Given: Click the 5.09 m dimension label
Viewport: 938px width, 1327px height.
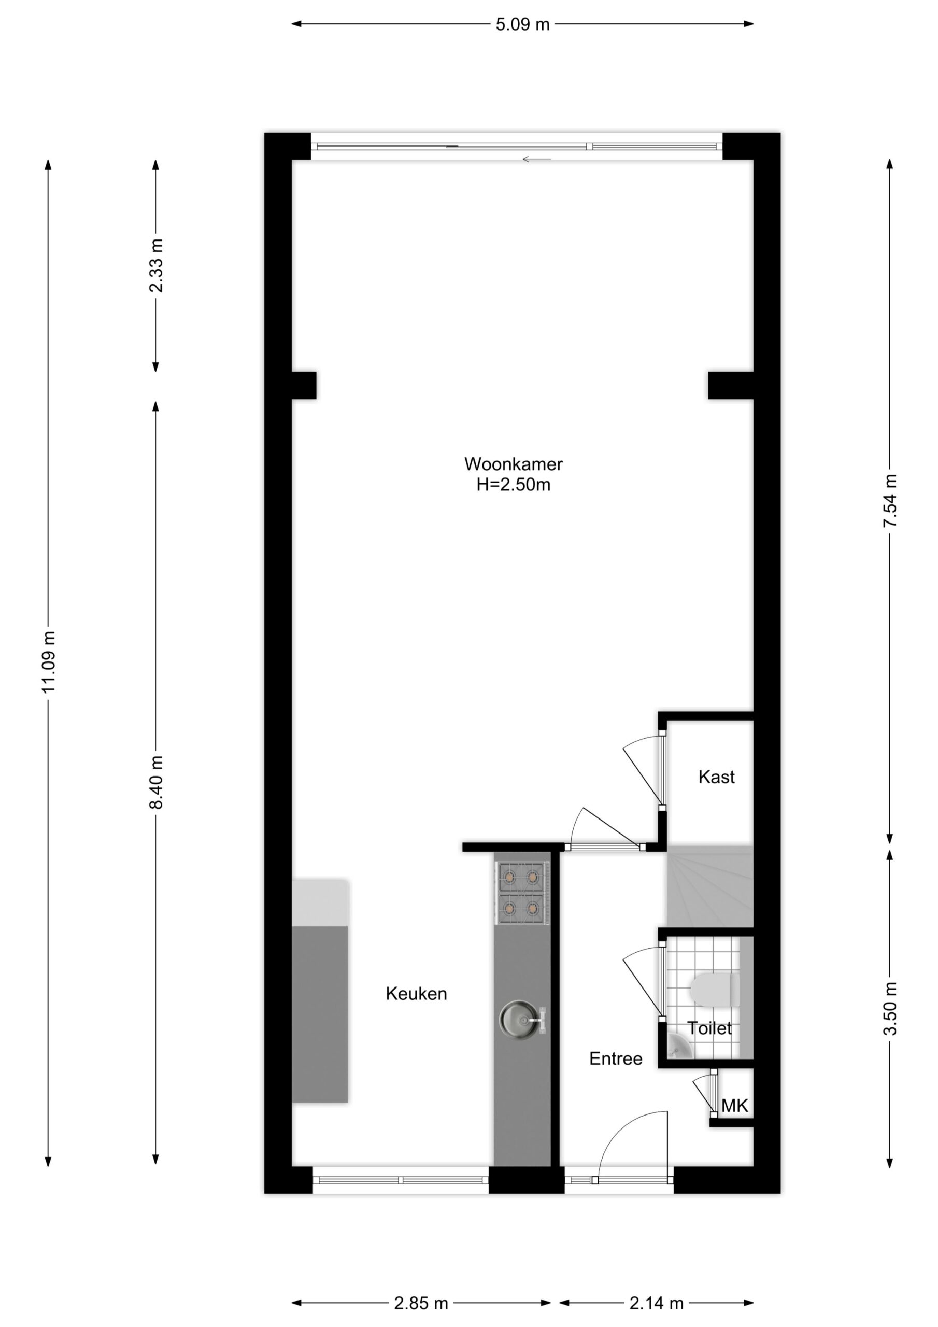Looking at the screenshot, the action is (522, 25).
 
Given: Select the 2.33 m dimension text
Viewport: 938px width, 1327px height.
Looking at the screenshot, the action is (156, 265).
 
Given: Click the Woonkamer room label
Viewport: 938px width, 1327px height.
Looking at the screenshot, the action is (513, 463).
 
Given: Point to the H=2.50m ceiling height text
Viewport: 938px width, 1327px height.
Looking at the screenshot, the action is (513, 484).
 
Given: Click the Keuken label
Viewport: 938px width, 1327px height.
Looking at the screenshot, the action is (416, 994).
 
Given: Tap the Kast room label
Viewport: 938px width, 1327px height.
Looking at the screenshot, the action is (716, 777).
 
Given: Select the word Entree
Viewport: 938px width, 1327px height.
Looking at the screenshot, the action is (616, 1058).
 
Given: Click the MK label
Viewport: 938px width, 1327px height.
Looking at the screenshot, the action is (734, 1106).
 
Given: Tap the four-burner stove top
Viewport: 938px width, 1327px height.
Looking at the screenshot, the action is (522, 893).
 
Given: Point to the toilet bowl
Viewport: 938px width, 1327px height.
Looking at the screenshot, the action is (715, 990).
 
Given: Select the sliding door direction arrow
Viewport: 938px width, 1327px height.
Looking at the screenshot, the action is (537, 159).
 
